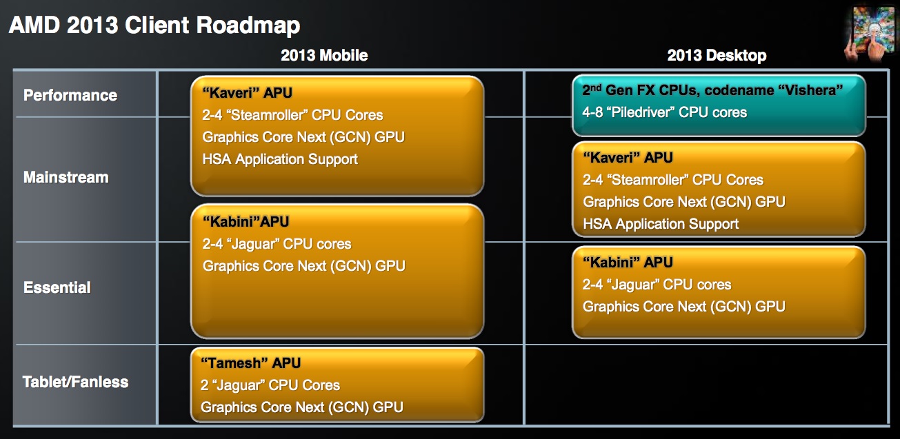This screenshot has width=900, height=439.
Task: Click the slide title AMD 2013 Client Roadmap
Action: pyautogui.click(x=154, y=25)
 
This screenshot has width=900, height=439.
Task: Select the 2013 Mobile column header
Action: pyautogui.click(x=324, y=55)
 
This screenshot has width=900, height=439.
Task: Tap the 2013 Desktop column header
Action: pyautogui.click(x=717, y=55)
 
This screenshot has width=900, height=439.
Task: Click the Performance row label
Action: pyautogui.click(x=70, y=95)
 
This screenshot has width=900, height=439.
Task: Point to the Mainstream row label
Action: pyautogui.click(x=66, y=177)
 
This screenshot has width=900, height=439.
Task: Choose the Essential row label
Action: pyautogui.click(x=57, y=287)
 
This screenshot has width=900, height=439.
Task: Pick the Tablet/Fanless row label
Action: pyautogui.click(x=76, y=382)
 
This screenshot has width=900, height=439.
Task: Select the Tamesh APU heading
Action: pyautogui.click(x=251, y=363)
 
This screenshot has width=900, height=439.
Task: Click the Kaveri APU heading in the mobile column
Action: pyautogui.click(x=247, y=93)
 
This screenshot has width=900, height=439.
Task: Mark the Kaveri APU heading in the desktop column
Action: pyautogui.click(x=628, y=157)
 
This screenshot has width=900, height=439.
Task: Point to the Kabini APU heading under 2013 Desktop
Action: pyautogui.click(x=628, y=263)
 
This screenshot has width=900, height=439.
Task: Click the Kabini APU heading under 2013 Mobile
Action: pyautogui.click(x=246, y=222)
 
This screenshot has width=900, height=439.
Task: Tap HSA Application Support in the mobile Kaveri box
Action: pyautogui.click(x=280, y=159)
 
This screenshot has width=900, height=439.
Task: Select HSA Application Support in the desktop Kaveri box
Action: pyautogui.click(x=661, y=224)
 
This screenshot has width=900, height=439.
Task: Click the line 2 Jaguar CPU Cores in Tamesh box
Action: pyautogui.click(x=270, y=385)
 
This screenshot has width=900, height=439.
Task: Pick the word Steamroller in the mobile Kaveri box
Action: pyautogui.click(x=267, y=115)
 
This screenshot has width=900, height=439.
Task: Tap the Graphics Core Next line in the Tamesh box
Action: pyautogui.click(x=302, y=407)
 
